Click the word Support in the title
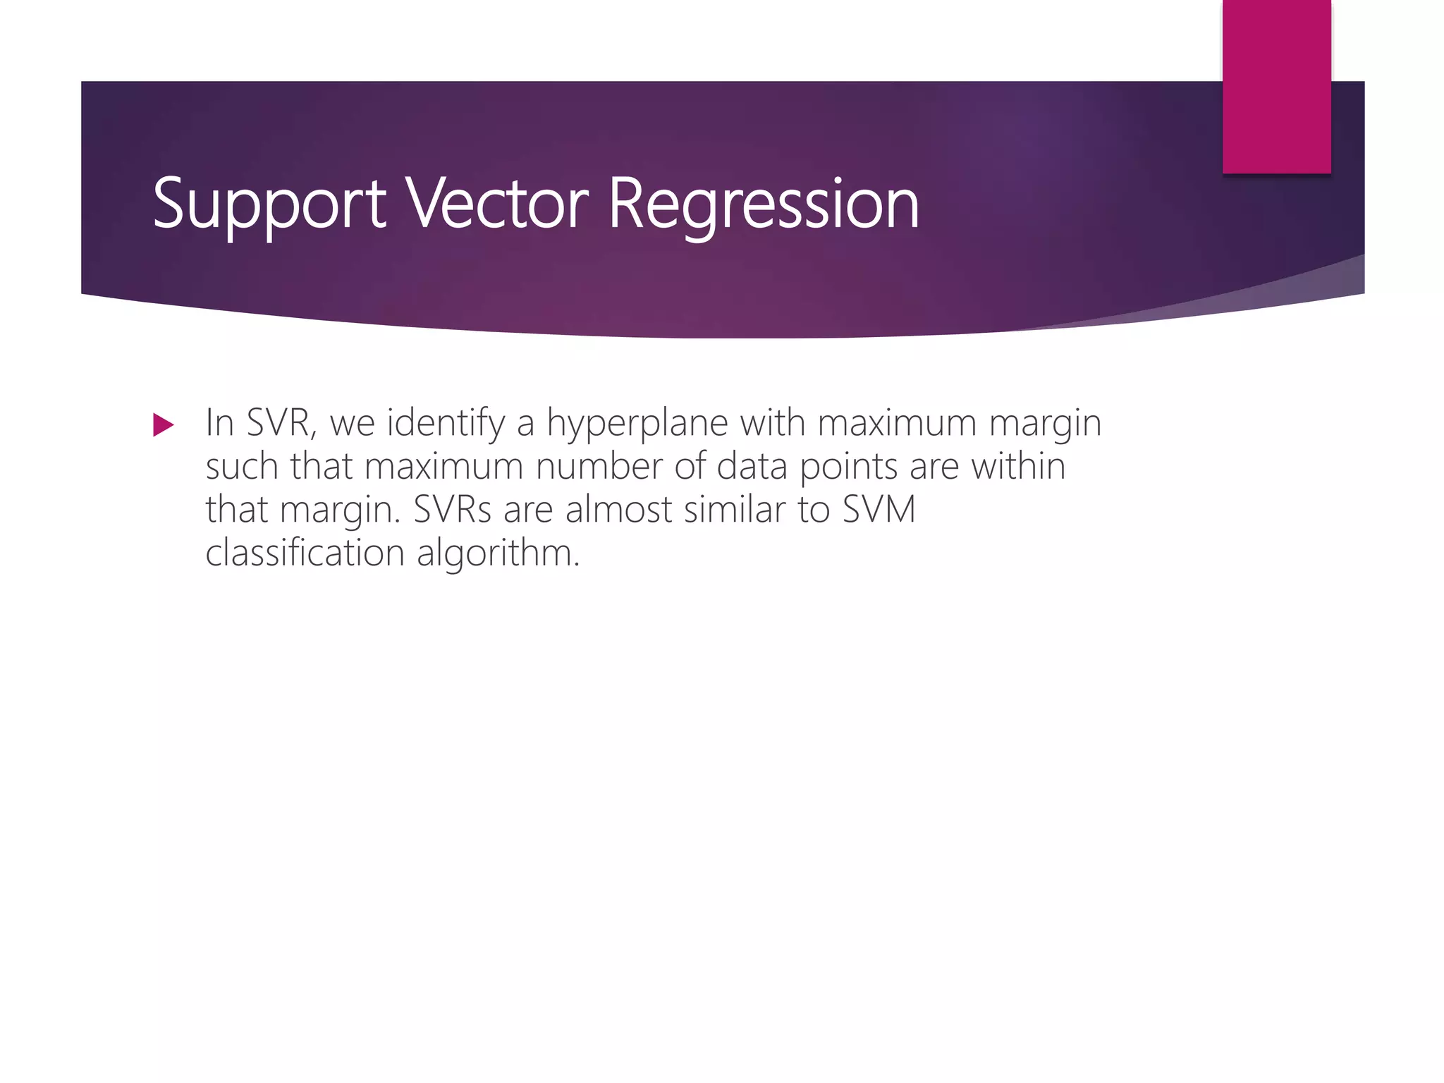pos(269,204)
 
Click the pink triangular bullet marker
pos(163,425)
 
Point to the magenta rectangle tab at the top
pos(1276,86)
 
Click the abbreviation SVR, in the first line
pos(281,423)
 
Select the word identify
pos(445,424)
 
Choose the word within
pos(1018,467)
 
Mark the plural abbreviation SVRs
pos(452,510)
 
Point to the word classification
pos(305,553)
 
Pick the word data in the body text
pos(752,467)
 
